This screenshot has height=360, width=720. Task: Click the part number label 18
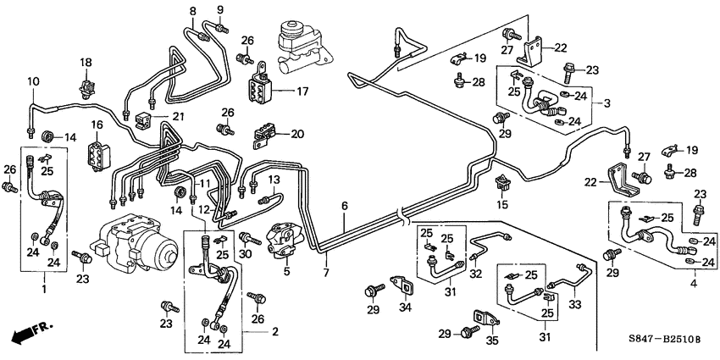pyautogui.click(x=85, y=63)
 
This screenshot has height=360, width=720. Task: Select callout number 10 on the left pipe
pyautogui.click(x=33, y=81)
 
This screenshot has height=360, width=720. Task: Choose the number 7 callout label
pyautogui.click(x=324, y=273)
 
